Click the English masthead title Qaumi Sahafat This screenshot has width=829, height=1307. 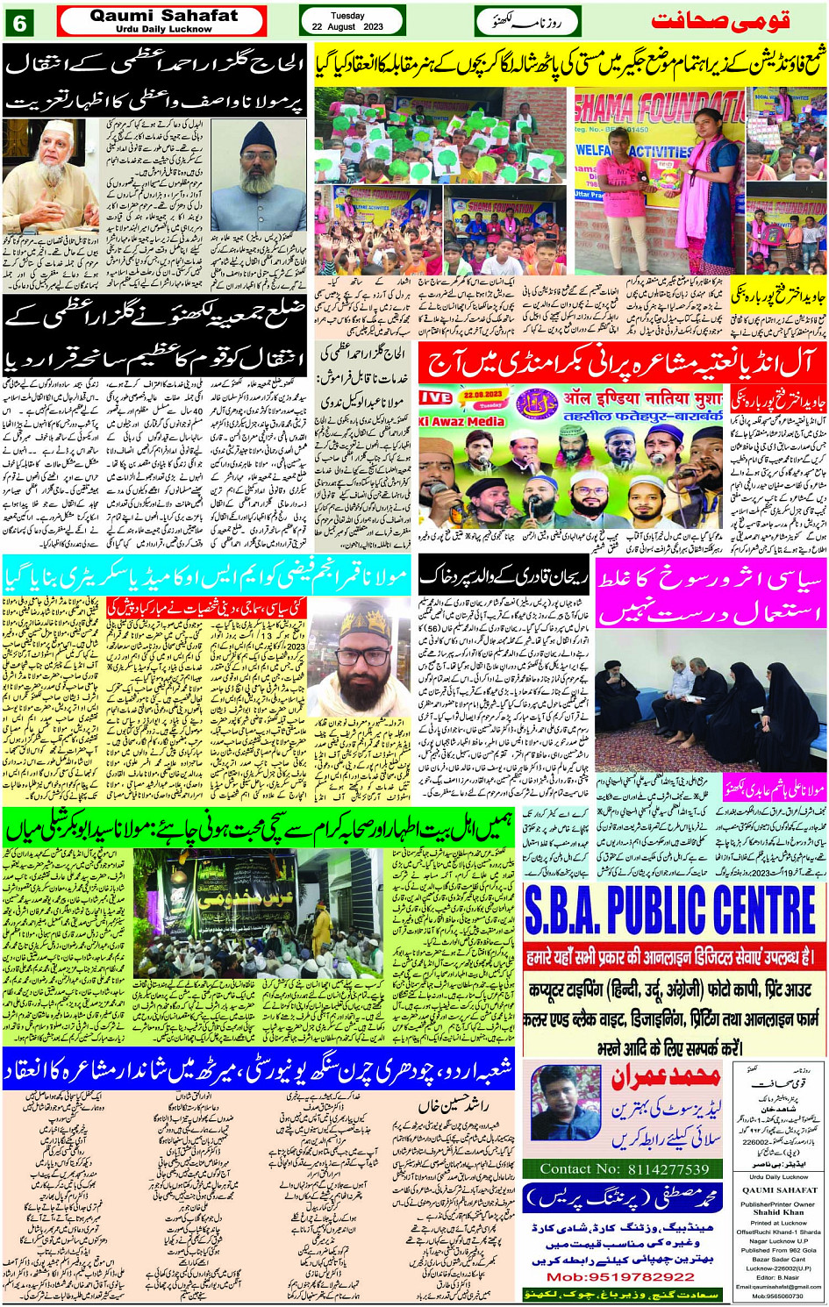click(x=163, y=16)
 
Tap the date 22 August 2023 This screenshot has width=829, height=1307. click(x=347, y=27)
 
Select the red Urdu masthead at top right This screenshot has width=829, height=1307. click(x=719, y=20)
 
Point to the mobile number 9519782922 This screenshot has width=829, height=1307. click(x=626, y=1276)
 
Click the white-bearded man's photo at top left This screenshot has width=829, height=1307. click(x=50, y=176)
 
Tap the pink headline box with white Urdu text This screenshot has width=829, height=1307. click(x=711, y=596)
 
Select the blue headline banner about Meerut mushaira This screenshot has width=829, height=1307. click(x=258, y=1069)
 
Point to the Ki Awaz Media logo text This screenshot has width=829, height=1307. click(x=461, y=421)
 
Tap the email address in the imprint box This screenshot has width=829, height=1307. click(x=780, y=1287)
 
